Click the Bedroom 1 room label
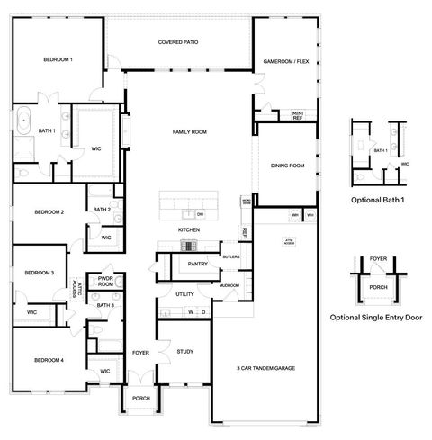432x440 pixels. [x=58, y=59]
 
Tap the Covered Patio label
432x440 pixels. [x=178, y=42]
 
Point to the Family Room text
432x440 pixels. [x=190, y=132]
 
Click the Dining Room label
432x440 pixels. [x=288, y=166]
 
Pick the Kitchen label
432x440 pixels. [x=188, y=230]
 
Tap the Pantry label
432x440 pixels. [x=198, y=264]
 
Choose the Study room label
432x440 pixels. [x=185, y=352]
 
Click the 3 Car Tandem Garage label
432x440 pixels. [x=266, y=368]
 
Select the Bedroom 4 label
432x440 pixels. [x=49, y=360]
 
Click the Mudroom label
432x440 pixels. [x=229, y=285]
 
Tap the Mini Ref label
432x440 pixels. [x=297, y=114]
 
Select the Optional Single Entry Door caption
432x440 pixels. [x=377, y=318]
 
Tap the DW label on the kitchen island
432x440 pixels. [x=199, y=214]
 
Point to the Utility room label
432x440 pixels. [x=185, y=294]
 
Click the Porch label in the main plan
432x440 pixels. [x=140, y=399]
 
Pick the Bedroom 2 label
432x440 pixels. [x=49, y=212]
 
